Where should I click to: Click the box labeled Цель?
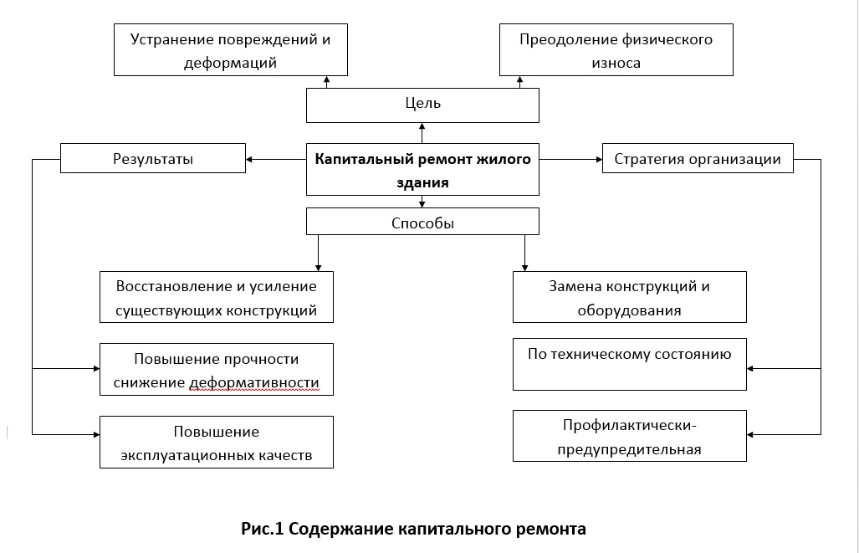(422, 105)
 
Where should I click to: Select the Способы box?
(422, 222)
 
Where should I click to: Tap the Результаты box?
(153, 158)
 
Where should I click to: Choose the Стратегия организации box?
(698, 158)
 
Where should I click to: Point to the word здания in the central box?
(422, 182)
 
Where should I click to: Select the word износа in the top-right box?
(616, 63)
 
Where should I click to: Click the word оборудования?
(630, 310)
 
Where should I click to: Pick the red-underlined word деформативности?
(254, 382)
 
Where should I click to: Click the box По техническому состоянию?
(630, 364)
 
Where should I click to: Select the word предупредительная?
(630, 450)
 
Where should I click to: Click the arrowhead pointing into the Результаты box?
(248, 160)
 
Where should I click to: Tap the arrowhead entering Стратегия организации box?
(600, 160)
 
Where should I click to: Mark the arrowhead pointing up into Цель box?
(422, 126)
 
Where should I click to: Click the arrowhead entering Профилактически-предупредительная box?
(750, 434)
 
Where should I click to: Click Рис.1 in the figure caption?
(263, 529)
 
